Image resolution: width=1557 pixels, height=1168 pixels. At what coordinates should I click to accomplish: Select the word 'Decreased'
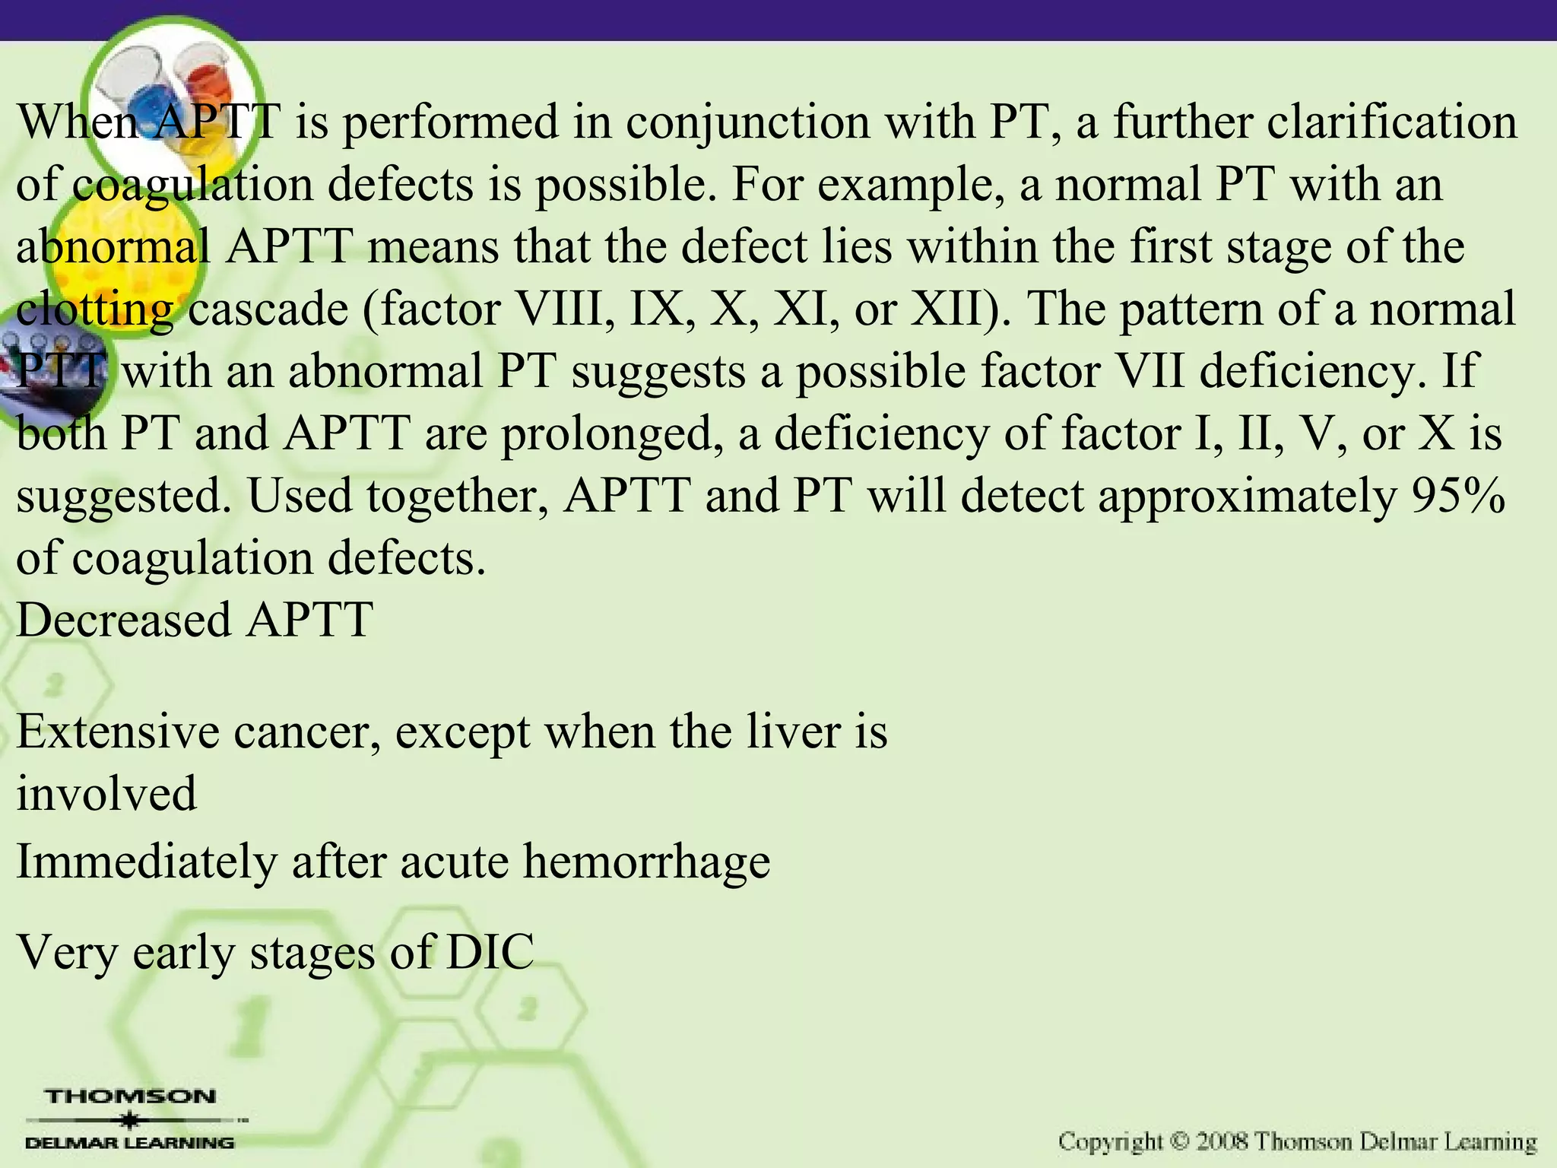[123, 619]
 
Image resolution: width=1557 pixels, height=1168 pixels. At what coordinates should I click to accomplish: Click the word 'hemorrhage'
[646, 862]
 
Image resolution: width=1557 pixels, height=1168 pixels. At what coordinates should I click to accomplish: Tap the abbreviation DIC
[490, 952]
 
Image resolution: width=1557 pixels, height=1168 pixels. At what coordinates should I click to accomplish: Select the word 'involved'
[106, 794]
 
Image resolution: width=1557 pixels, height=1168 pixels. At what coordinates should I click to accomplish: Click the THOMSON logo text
[131, 1097]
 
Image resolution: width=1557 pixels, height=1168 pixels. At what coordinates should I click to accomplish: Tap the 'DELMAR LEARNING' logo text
[130, 1143]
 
